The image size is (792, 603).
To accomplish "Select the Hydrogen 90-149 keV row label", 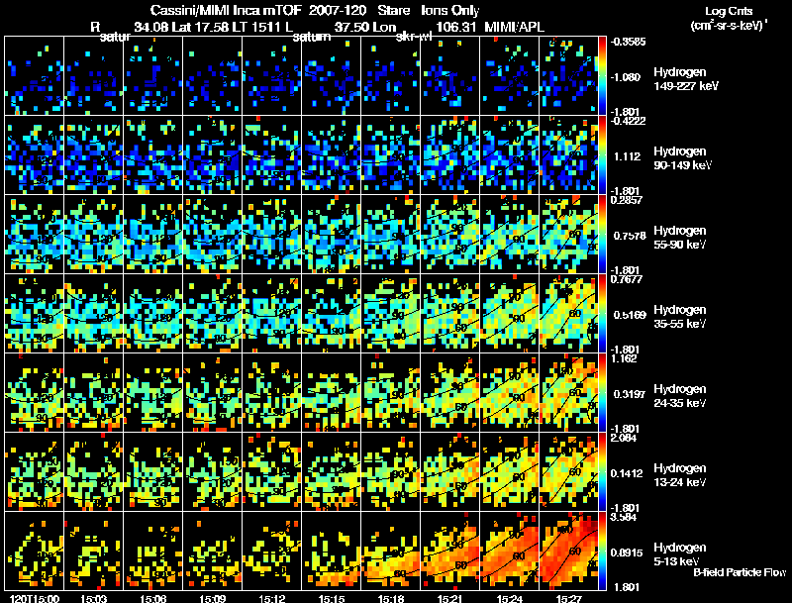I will [x=684, y=158].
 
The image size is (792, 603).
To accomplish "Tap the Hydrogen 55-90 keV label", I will [x=683, y=238].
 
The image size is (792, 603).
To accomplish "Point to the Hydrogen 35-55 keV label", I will [x=683, y=317].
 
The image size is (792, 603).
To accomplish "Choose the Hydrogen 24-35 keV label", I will [x=683, y=396].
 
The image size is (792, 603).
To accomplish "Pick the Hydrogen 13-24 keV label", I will [x=683, y=475].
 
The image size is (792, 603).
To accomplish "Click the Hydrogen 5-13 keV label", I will [x=680, y=553].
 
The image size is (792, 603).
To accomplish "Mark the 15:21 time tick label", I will [x=440, y=597].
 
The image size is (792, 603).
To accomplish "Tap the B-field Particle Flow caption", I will [x=740, y=572].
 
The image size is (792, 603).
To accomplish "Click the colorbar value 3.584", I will [x=624, y=517].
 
